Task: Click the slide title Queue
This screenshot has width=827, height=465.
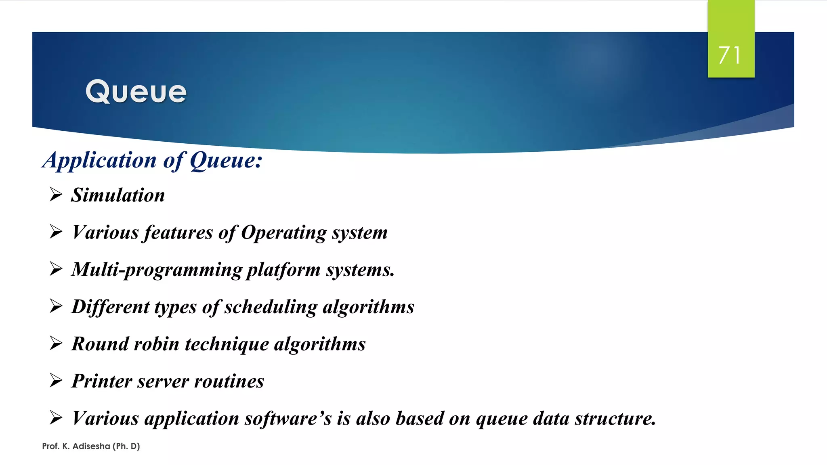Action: pos(136,92)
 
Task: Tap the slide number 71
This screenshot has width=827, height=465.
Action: pos(730,55)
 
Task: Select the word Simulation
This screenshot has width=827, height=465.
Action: pos(118,195)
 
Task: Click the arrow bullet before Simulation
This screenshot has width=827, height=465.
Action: pos(56,195)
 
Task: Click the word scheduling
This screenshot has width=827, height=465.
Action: pos(271,307)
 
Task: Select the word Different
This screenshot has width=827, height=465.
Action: pos(110,307)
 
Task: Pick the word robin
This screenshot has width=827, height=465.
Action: pos(156,344)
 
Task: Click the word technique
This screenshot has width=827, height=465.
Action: pos(227,344)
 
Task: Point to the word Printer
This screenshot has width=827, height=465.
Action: pos(101,381)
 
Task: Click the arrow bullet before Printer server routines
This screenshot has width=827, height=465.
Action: pos(56,380)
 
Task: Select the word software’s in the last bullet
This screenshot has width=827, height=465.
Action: pos(288,419)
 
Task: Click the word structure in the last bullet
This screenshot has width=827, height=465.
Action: pos(615,419)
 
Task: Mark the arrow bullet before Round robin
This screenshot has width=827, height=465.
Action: pos(56,343)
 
